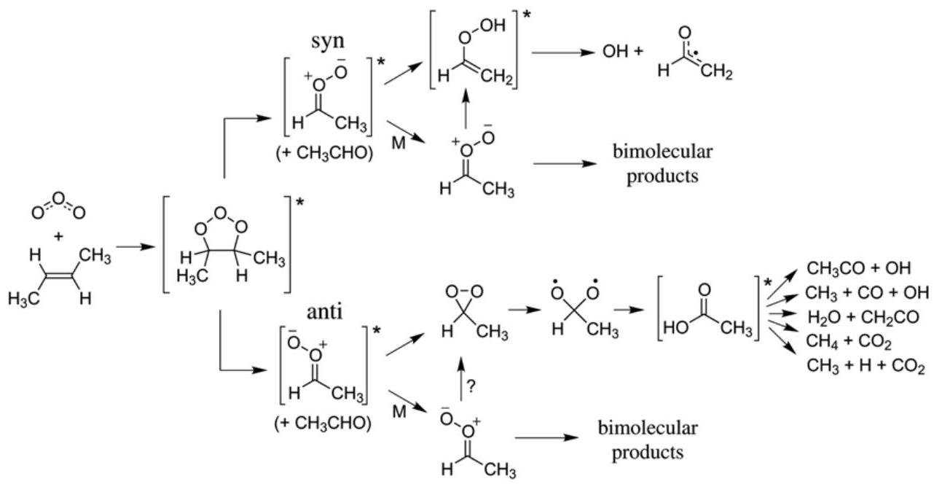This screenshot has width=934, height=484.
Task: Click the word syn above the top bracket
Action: [326, 39]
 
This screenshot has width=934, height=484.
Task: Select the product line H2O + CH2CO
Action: [860, 316]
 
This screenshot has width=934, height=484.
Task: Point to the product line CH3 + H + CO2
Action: [865, 366]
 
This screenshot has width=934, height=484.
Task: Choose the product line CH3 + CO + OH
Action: [867, 292]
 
